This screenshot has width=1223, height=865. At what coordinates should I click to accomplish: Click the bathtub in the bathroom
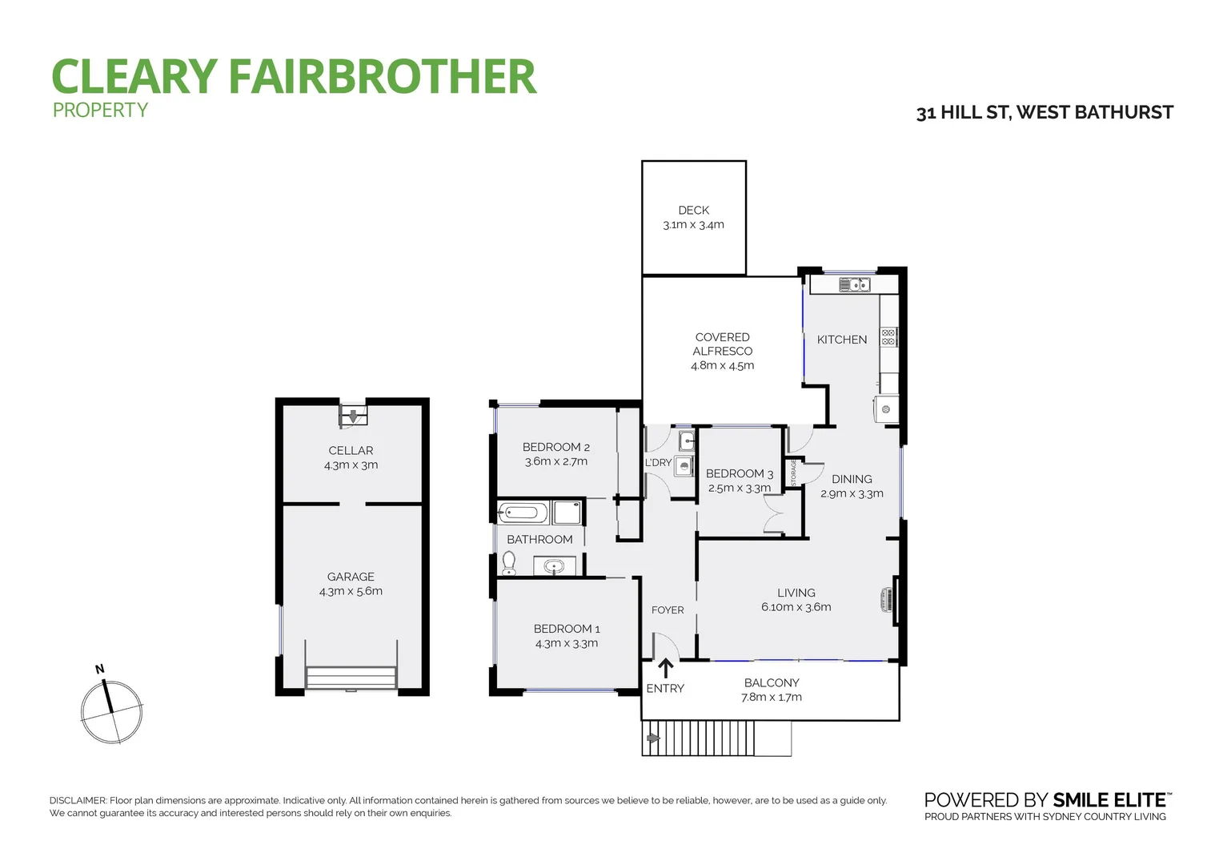pyautogui.click(x=523, y=513)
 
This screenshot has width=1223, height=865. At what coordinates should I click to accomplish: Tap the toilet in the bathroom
pyautogui.click(x=509, y=564)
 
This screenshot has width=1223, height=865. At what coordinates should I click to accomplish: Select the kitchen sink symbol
pyautogui.click(x=854, y=284)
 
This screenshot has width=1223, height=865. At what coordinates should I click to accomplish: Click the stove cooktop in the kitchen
pyautogui.click(x=888, y=336)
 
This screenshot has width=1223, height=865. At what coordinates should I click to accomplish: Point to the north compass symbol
pyautogui.click(x=111, y=710)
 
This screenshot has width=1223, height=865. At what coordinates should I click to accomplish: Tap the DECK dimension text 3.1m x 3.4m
pyautogui.click(x=693, y=225)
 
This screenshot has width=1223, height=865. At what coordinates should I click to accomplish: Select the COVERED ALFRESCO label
pyautogui.click(x=722, y=344)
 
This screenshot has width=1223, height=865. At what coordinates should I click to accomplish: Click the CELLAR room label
pyautogui.click(x=351, y=451)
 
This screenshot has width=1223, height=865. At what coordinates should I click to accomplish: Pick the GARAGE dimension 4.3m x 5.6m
pyautogui.click(x=351, y=592)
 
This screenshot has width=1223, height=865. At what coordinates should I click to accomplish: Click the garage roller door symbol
pyautogui.click(x=351, y=678)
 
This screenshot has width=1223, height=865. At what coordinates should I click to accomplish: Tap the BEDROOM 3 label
pyautogui.click(x=739, y=474)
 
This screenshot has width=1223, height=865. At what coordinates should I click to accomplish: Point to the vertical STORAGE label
pyautogui.click(x=793, y=472)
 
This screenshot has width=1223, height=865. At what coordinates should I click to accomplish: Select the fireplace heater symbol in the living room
pyautogui.click(x=886, y=599)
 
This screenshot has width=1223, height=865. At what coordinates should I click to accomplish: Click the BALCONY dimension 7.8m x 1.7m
pyautogui.click(x=772, y=698)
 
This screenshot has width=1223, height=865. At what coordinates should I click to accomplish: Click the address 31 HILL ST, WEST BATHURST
pyautogui.click(x=1045, y=113)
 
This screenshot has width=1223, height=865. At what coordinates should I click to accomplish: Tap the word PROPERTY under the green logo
pyautogui.click(x=100, y=111)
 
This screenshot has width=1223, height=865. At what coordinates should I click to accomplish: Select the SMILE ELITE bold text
pyautogui.click(x=1109, y=800)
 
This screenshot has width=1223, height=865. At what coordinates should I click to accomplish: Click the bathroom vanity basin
pyautogui.click(x=553, y=567)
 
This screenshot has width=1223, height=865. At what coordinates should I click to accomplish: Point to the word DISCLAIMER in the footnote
pyautogui.click(x=78, y=801)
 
